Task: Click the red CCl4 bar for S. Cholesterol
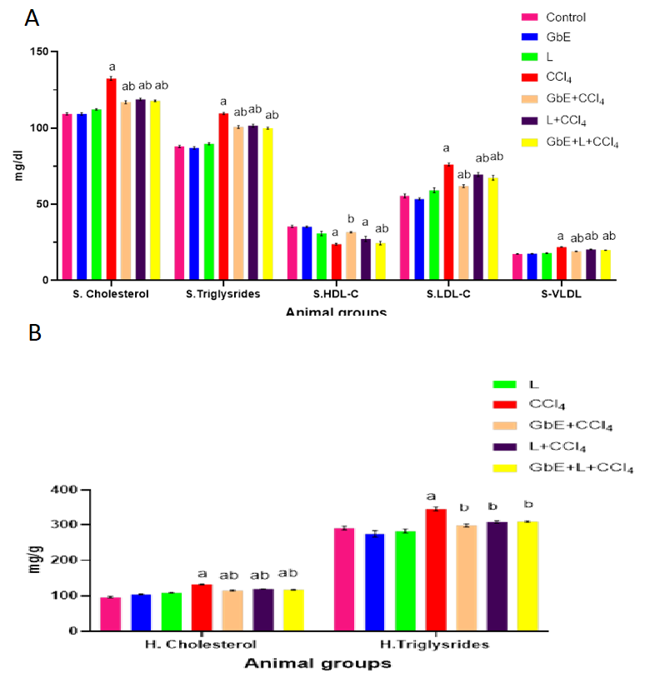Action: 111,179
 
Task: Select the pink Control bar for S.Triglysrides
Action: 179,213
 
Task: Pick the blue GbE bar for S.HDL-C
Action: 307,253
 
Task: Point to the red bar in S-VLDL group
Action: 561,263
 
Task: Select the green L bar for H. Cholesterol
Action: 172,611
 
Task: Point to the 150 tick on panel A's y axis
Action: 36,52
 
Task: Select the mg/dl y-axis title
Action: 18,167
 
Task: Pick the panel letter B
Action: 33,333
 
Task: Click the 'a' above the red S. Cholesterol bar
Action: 112,67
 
